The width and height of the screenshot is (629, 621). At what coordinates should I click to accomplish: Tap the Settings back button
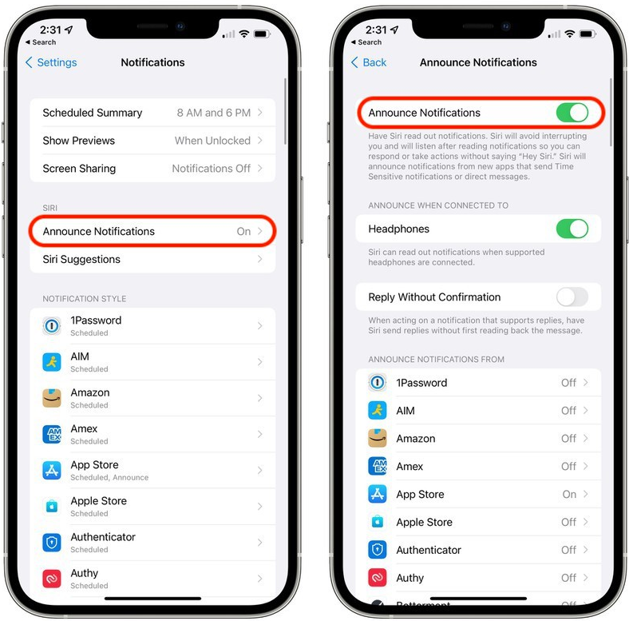point(51,62)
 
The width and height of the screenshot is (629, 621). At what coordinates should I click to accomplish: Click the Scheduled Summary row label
point(92,113)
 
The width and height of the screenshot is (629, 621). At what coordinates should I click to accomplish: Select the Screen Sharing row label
point(79,169)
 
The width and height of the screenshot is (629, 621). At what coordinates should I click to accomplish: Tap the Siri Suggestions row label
point(81,259)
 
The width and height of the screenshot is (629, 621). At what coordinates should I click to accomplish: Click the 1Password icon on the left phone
point(52,325)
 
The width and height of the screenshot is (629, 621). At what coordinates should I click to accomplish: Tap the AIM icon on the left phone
point(52,362)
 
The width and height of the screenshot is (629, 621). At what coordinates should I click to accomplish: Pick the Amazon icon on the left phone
point(52,398)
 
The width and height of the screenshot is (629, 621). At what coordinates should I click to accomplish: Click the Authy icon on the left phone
point(52,579)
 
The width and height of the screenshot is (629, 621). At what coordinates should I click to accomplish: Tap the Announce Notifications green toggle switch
point(572,113)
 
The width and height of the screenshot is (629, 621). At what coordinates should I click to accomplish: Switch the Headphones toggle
point(572,229)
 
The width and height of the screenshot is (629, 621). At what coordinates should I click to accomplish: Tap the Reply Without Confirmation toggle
point(572,297)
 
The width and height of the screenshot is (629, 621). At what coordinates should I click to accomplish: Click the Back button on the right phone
point(369,62)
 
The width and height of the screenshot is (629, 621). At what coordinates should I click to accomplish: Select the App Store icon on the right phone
point(378,494)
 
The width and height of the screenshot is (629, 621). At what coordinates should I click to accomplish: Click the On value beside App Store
point(569,494)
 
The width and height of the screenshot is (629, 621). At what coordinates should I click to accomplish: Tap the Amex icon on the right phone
point(378,466)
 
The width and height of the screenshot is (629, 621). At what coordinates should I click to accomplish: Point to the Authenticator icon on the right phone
point(378,550)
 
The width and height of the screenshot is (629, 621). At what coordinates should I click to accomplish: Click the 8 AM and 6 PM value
point(214,113)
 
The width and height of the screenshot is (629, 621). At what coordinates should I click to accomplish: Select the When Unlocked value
point(212,141)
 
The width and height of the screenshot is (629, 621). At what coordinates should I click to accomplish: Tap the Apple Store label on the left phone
point(98,501)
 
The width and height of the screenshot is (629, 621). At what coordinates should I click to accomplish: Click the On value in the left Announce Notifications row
point(243,231)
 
